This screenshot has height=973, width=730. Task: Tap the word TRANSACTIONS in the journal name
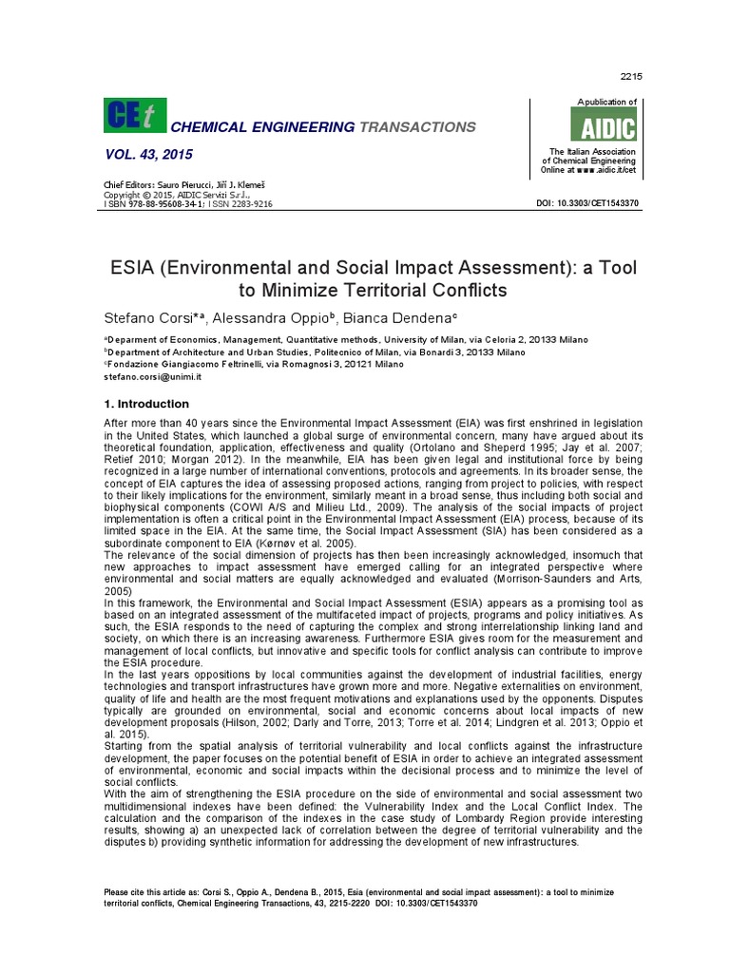coord(417,127)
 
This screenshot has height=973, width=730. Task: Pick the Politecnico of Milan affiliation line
coord(314,352)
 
